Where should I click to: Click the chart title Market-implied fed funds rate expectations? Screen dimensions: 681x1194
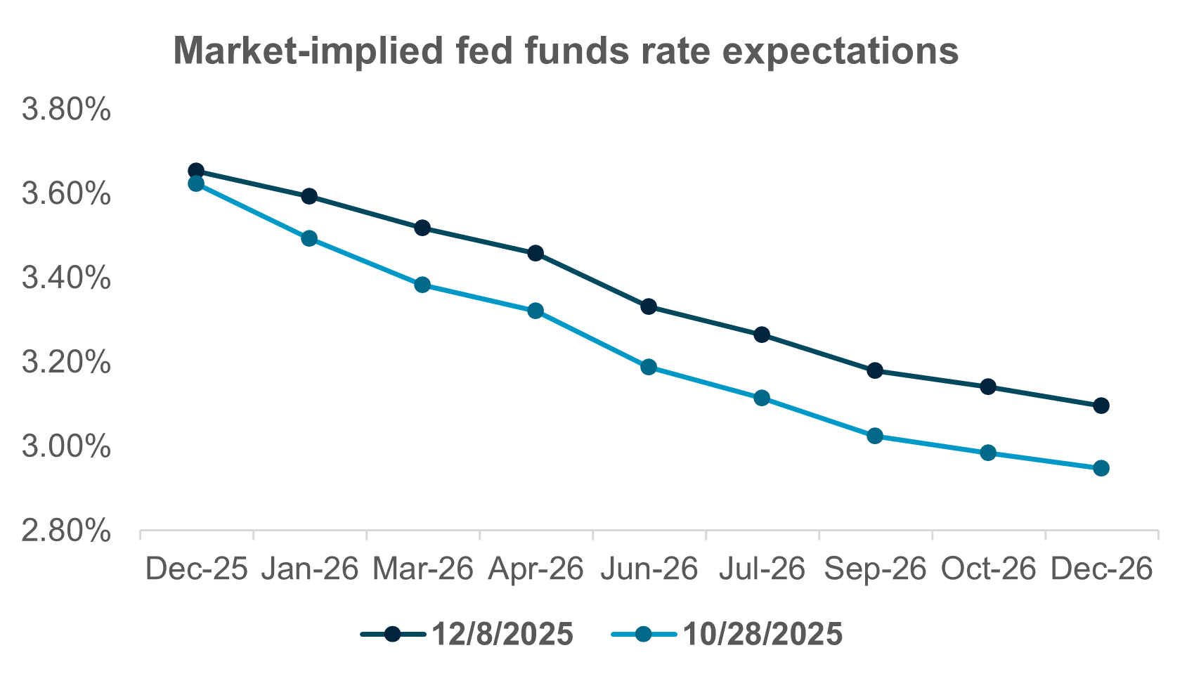(566, 51)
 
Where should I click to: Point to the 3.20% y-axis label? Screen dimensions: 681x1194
(66, 363)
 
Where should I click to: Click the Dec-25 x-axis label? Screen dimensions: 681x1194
(196, 569)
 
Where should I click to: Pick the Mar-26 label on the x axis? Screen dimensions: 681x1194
(422, 569)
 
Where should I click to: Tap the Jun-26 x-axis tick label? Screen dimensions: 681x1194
(649, 569)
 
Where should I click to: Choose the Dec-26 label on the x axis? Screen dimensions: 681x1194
(1101, 569)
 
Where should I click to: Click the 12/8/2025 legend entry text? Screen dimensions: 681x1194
(502, 635)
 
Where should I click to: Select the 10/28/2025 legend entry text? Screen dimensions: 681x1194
(763, 635)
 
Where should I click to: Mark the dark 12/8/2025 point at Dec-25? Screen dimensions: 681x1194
(196, 171)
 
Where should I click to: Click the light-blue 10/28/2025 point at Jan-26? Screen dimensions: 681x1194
(309, 238)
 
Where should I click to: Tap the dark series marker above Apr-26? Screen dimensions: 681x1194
(536, 253)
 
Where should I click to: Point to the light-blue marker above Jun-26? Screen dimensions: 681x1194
(649, 367)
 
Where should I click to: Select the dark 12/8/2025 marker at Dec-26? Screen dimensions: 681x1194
(1101, 406)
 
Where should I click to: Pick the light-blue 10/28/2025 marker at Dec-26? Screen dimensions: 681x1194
(1101, 468)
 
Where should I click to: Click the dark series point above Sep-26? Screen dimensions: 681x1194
(875, 370)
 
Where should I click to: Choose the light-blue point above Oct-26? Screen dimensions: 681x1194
(988, 453)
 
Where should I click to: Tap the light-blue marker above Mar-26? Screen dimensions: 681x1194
(422, 285)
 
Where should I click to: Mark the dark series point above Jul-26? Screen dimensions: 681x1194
(762, 335)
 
